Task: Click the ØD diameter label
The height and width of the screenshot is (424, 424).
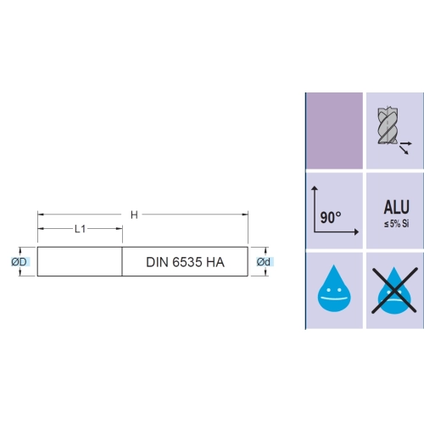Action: click(x=19, y=262)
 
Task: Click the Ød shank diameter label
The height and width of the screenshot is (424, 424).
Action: click(x=264, y=262)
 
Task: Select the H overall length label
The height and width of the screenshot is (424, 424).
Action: click(x=134, y=215)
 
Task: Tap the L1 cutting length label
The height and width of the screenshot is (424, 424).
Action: click(x=80, y=229)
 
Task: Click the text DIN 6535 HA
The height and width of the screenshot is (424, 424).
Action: click(x=185, y=262)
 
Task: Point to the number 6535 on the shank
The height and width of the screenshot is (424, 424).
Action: click(x=187, y=262)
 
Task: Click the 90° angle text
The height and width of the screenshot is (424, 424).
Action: click(x=331, y=217)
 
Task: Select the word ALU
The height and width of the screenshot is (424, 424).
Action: click(x=396, y=207)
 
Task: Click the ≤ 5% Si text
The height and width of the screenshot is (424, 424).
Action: click(x=396, y=224)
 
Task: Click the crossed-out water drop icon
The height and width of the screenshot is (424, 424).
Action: click(x=394, y=291)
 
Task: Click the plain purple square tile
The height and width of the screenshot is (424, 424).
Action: click(x=334, y=131)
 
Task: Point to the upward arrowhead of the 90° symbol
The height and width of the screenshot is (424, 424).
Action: click(x=315, y=188)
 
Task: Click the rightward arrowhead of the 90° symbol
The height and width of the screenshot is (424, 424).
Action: click(x=356, y=232)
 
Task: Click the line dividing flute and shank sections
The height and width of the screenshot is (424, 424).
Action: click(x=122, y=261)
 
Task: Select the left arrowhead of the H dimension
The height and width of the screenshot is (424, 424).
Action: click(x=41, y=215)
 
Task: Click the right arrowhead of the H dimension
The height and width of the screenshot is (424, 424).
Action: click(x=245, y=215)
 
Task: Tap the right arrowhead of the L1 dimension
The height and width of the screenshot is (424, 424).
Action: click(x=120, y=229)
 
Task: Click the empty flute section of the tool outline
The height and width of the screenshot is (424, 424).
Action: click(x=80, y=261)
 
